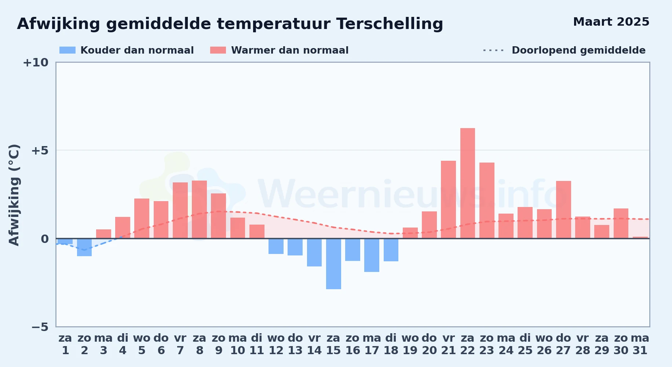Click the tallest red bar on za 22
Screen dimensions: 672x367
pyautogui.click(x=468, y=183)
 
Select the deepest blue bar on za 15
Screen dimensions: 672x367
pyautogui.click(x=333, y=264)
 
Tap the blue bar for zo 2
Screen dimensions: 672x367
pyautogui.click(x=84, y=247)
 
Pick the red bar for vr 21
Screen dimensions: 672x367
pyautogui.click(x=448, y=200)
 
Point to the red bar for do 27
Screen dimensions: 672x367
pyautogui.click(x=563, y=210)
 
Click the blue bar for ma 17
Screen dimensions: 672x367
pyautogui.click(x=372, y=255)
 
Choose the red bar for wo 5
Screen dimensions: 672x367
pyautogui.click(x=142, y=218)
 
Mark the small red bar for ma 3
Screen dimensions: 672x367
pyautogui.click(x=103, y=234)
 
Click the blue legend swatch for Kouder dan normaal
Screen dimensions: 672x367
pyautogui.click(x=67, y=50)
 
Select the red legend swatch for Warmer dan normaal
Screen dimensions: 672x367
pyautogui.click(x=218, y=50)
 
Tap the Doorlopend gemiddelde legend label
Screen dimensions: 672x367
pyautogui.click(x=578, y=50)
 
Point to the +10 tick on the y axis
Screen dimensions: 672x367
pyautogui.click(x=36, y=62)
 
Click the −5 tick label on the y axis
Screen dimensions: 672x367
pyautogui.click(x=40, y=327)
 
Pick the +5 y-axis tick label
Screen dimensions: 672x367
pyautogui.click(x=40, y=150)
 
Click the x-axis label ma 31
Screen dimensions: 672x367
pyautogui.click(x=640, y=344)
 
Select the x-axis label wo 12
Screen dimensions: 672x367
pyautogui.click(x=276, y=344)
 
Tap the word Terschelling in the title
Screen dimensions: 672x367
pyautogui.click(x=390, y=24)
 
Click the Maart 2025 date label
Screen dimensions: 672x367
pyautogui.click(x=611, y=22)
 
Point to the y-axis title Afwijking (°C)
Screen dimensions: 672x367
pyautogui.click(x=14, y=195)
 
